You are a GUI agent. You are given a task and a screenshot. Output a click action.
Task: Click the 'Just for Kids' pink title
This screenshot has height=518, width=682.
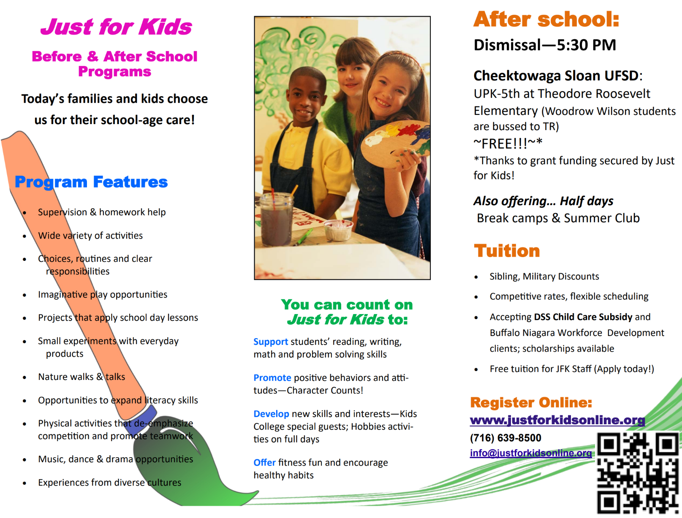(x=116, y=27)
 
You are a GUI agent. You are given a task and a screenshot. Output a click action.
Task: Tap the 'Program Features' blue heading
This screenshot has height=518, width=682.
(x=91, y=182)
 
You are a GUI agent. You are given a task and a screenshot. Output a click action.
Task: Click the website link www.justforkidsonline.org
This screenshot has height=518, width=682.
(x=557, y=420)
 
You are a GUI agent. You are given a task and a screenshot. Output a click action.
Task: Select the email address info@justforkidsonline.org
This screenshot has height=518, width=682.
(x=531, y=453)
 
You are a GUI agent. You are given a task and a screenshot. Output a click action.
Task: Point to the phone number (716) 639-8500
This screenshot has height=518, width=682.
(x=505, y=438)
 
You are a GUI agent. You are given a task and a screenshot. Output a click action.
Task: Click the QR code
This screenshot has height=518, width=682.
(x=638, y=473)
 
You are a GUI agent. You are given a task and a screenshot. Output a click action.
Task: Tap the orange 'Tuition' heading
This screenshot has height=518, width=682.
(x=507, y=251)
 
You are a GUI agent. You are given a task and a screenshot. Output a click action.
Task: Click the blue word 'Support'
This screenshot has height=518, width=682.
(x=270, y=342)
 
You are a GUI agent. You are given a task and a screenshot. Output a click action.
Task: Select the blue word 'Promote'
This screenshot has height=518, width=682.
(x=272, y=378)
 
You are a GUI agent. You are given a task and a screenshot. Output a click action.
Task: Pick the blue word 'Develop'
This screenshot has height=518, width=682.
(x=271, y=414)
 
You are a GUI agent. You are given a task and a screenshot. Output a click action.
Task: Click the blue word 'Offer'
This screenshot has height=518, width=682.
(x=264, y=463)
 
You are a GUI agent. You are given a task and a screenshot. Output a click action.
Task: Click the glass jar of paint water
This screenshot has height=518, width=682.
(x=277, y=220)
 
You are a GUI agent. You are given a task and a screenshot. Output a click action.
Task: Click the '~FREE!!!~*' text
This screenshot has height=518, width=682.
(x=508, y=144)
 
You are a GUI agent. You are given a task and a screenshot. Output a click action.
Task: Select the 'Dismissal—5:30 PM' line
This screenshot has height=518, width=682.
(x=545, y=45)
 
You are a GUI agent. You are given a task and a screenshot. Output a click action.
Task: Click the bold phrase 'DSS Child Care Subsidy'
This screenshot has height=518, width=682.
(x=583, y=317)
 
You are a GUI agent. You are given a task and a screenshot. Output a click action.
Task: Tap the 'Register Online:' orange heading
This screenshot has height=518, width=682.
(x=531, y=403)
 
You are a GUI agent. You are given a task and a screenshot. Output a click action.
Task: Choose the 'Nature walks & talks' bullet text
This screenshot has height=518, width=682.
(x=82, y=377)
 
